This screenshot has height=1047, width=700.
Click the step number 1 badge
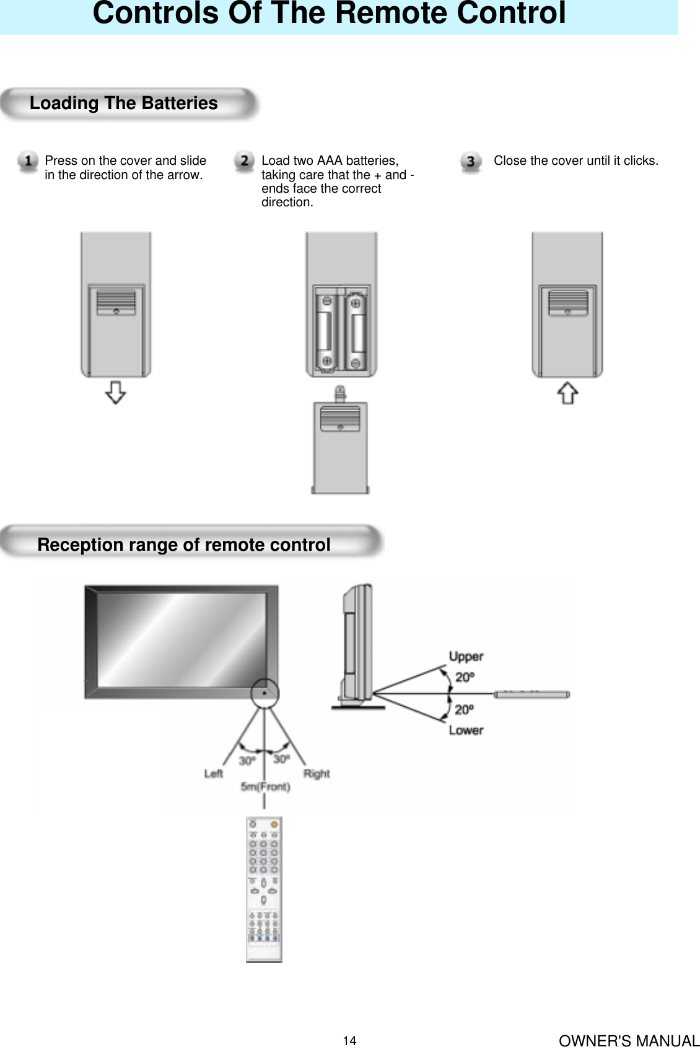tap(28, 162)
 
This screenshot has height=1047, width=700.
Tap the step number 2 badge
tap(245, 162)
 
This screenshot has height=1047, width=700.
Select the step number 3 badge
tap(471, 162)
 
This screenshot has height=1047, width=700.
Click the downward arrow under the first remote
tap(116, 393)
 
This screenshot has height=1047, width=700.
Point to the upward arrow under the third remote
tap(568, 393)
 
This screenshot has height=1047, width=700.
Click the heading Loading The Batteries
tap(124, 103)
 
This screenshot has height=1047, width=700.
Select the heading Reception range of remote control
tap(184, 545)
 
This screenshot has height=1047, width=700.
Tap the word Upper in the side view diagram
tap(466, 657)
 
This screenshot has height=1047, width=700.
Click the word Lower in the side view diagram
tap(466, 730)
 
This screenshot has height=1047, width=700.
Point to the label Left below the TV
tap(213, 774)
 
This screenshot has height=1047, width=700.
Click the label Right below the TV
tap(317, 774)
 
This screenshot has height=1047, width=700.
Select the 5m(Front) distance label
tap(265, 787)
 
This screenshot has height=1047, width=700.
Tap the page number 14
tap(350, 1041)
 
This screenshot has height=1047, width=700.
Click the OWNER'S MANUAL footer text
tap(629, 1041)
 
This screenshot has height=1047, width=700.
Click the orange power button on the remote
tap(274, 825)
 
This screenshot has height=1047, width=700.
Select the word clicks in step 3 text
tap(640, 161)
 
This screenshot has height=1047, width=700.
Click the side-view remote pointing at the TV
tap(532, 694)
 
